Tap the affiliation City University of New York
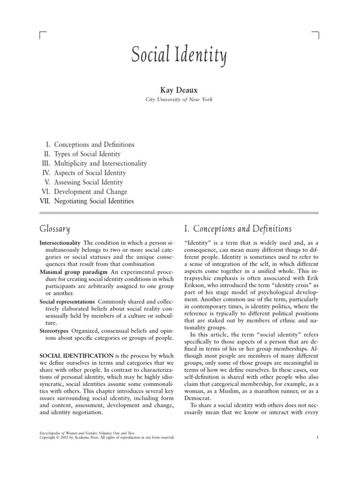(x=180, y=99)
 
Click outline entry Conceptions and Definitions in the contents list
(x=94, y=145)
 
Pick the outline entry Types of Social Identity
(x=87, y=154)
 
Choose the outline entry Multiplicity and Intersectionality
(x=100, y=164)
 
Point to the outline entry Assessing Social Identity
(x=88, y=182)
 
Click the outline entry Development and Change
(x=90, y=192)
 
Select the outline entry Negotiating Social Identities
(x=94, y=201)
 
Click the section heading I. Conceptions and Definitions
(x=238, y=229)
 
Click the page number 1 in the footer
(x=317, y=437)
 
